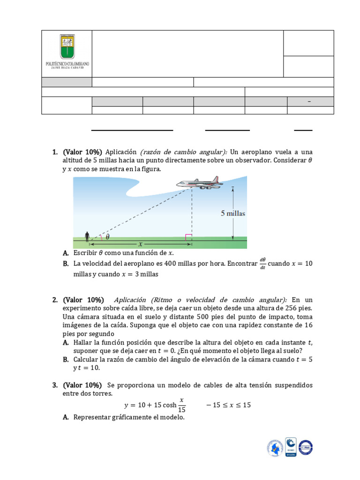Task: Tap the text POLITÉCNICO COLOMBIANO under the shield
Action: point(67,63)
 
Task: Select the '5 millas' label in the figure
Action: point(233,213)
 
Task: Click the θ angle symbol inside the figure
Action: point(107,237)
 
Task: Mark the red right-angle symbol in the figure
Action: point(188,237)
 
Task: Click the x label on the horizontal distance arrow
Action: point(139,244)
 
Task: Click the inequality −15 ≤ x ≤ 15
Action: point(228,405)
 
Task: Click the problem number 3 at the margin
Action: point(55,385)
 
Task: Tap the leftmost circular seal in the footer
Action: point(275,448)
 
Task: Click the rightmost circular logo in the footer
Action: point(305,448)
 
